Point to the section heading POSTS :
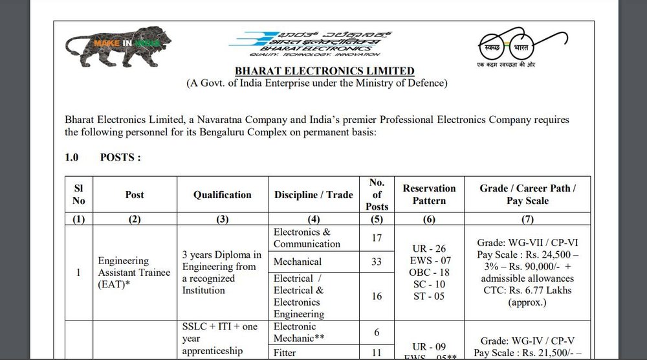(120, 157)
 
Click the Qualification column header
(223, 194)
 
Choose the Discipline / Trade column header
(314, 194)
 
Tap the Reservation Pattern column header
(429, 194)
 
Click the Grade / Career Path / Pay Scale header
(527, 194)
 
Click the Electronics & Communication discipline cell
(307, 238)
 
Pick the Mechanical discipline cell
(298, 262)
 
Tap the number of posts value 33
(377, 262)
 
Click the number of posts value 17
(377, 238)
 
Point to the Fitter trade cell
(285, 354)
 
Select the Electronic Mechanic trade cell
(298, 332)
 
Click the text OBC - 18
(429, 272)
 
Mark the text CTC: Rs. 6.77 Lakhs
(527, 290)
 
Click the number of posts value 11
(377, 354)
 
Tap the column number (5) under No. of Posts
(377, 219)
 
